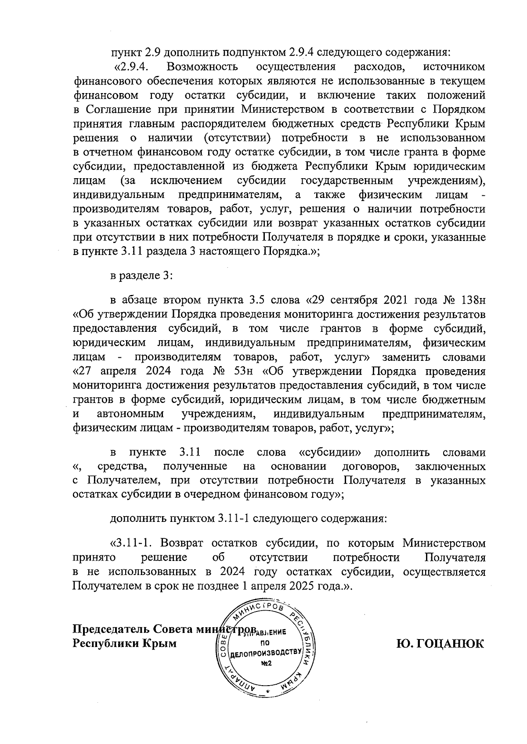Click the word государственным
(x=347, y=180)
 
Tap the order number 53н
(x=241, y=371)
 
